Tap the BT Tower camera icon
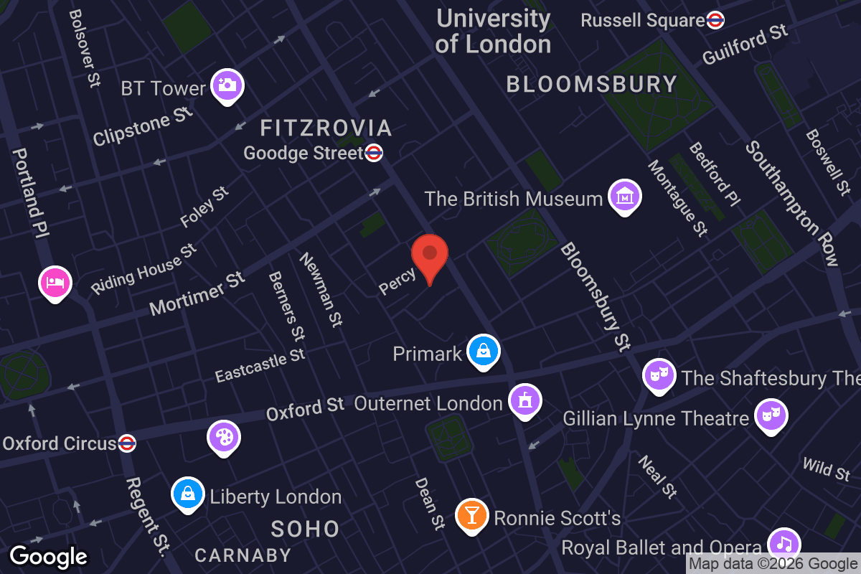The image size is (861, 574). (x=227, y=85)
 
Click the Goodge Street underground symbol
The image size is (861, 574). (x=374, y=153)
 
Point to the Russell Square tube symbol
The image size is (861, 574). (x=715, y=20)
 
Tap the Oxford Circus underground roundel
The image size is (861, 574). (x=127, y=443)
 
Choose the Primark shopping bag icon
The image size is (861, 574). (x=484, y=351)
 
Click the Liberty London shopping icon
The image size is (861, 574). (x=187, y=494)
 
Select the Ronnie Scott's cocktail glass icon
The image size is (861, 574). (x=472, y=514)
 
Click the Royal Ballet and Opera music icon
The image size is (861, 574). (x=784, y=543)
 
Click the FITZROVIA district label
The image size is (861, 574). (x=326, y=128)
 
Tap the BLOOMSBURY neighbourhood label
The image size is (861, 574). (x=592, y=85)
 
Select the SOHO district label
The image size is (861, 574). (x=305, y=530)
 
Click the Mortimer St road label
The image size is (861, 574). (x=197, y=293)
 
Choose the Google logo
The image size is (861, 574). (x=48, y=557)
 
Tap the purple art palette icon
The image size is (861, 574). (x=223, y=436)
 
